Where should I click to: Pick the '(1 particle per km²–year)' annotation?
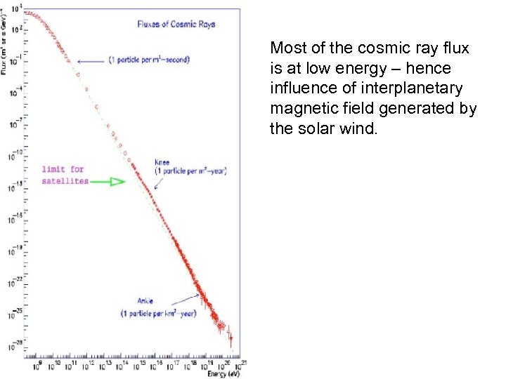(x=158, y=313)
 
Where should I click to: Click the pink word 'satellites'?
(x=65, y=180)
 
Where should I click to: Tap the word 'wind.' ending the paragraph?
(x=361, y=130)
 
